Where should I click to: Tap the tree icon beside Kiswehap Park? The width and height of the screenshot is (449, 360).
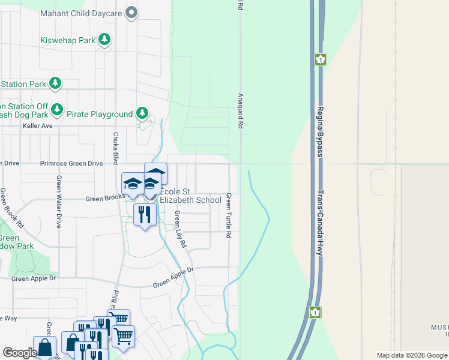pos(105,40)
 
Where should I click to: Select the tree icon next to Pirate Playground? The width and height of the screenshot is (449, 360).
pos(142,113)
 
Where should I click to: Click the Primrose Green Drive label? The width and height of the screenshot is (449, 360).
pos(71,163)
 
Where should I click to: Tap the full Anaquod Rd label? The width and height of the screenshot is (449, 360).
pos(240,111)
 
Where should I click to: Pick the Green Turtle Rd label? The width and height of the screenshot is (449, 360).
pos(229,215)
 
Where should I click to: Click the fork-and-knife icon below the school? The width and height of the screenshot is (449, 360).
pos(144,214)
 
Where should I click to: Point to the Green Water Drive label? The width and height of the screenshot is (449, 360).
pos(59,202)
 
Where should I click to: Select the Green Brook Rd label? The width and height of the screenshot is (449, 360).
pos(12,208)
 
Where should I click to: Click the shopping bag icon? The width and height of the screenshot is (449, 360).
pos(44,347)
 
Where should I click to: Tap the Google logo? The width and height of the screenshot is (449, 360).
pos(20,353)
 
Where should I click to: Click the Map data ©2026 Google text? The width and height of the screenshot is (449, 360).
pos(411,355)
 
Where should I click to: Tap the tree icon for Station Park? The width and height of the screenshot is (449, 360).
pos(55,83)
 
